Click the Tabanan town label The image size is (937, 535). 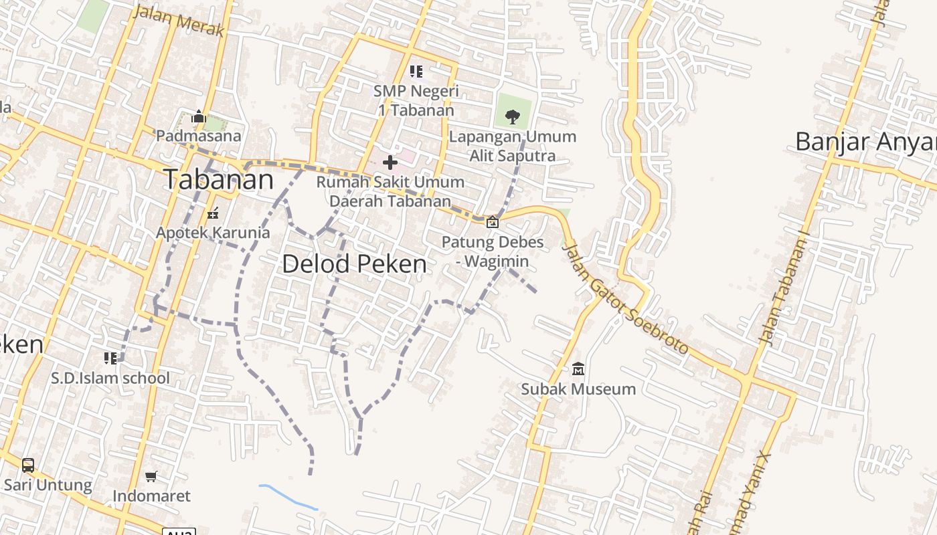click(219, 180)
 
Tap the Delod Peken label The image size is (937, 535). click(354, 264)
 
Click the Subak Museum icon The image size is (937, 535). click(578, 368)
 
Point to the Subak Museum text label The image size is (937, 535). click(578, 389)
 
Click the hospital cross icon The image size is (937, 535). click(390, 162)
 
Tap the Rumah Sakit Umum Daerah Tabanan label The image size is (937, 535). click(390, 191)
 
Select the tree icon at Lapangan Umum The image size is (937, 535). click(513, 117)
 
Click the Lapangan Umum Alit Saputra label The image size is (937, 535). click(513, 146)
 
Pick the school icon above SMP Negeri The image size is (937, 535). click(416, 71)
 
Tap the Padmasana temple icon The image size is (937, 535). click(198, 117)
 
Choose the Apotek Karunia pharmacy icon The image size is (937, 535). click(213, 214)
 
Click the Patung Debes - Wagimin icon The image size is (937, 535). click(493, 221)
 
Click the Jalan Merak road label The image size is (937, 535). click(179, 21)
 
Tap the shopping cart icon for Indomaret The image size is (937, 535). click(151, 477)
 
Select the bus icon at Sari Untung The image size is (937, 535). click(28, 465)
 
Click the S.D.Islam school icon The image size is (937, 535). click(110, 358)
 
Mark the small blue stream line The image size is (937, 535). click(288, 497)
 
